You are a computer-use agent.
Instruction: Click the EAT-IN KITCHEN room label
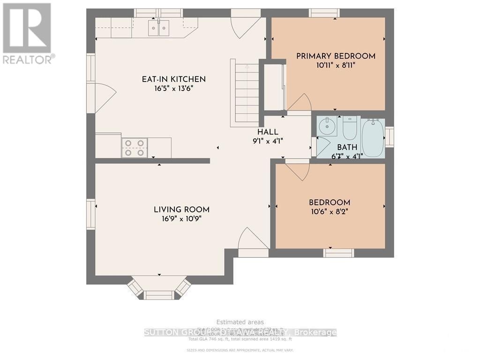pos(174,79)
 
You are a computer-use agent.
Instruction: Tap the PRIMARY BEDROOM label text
pos(336,56)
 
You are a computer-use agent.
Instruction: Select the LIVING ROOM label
pos(182,210)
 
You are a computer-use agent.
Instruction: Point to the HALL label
pos(268,132)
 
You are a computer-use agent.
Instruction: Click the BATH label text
pos(347,147)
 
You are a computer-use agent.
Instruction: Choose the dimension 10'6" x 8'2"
pos(329,211)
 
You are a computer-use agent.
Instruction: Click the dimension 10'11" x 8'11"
pos(336,66)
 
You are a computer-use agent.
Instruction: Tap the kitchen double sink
pos(158,28)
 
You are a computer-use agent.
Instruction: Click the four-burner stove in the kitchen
pos(135,148)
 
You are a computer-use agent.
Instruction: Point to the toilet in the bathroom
pos(350,128)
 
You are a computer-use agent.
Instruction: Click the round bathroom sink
pos(325,126)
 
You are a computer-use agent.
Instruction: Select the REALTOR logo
pos(27,33)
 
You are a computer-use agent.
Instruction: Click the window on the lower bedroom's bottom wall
pos(339,253)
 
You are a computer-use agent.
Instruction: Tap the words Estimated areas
pos(240,322)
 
